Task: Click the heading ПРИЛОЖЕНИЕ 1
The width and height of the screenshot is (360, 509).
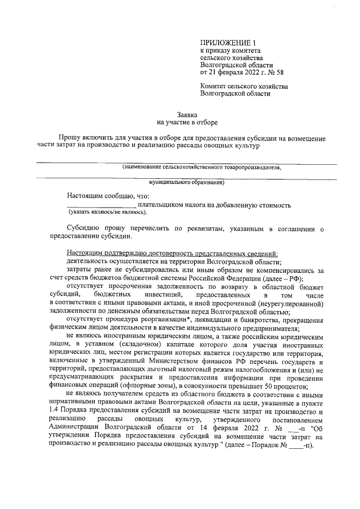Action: (228, 43)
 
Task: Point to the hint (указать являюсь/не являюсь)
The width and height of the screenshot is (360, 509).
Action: (107, 213)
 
